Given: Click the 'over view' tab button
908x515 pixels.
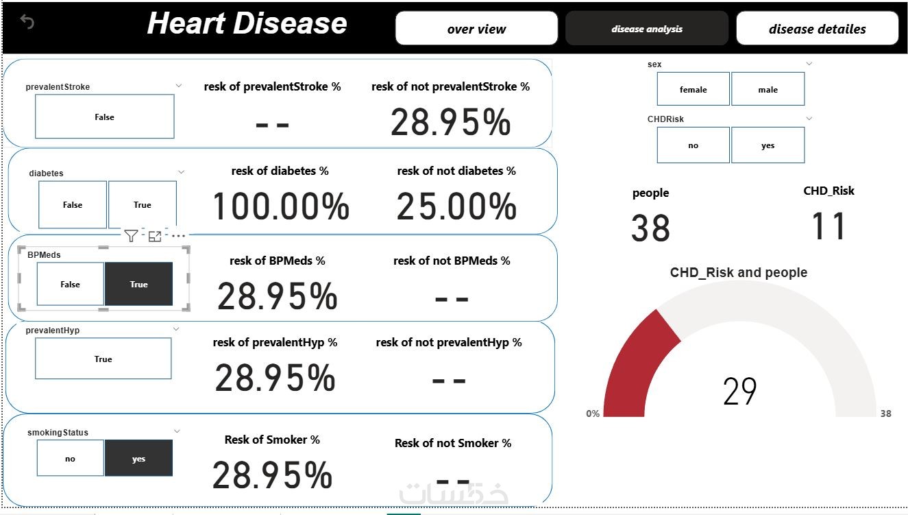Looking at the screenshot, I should (476, 29).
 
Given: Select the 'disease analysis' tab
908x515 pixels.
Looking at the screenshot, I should (646, 29).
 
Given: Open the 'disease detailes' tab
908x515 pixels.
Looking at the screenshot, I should (817, 29).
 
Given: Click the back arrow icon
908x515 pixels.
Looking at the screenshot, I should (27, 22).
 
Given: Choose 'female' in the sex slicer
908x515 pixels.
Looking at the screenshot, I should (693, 89).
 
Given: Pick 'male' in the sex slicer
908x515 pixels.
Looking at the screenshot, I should (768, 89).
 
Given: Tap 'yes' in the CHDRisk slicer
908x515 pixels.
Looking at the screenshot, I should (768, 145).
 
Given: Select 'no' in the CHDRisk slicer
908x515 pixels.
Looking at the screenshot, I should (693, 145).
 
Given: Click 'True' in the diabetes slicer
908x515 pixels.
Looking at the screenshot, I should (143, 204).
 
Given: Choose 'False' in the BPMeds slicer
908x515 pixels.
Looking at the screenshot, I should (70, 284).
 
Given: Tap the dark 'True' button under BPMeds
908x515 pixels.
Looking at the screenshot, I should (138, 284).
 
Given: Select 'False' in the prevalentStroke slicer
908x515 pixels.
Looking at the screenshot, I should (104, 117).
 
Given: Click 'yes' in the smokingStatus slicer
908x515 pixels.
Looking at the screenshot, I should (138, 459).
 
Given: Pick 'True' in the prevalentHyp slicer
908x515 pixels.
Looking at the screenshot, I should (103, 359).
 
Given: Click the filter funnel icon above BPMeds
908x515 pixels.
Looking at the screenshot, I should (131, 236).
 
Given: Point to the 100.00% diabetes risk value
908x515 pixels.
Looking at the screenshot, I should (281, 206).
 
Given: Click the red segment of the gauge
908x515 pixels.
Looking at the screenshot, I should (634, 363).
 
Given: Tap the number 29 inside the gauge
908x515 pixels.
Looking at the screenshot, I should (739, 392).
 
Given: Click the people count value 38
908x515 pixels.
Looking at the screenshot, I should (650, 228).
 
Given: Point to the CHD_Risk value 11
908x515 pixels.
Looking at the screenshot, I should (829, 226).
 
